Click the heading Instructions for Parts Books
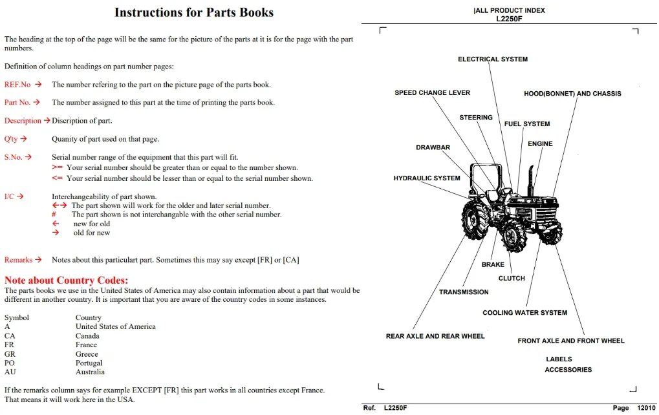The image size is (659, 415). (194, 12)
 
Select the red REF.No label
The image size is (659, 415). (17, 85)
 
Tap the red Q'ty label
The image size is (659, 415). (11, 139)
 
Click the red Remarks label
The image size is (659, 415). (19, 260)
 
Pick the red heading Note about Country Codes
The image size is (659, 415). (66, 280)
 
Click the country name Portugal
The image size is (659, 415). (89, 363)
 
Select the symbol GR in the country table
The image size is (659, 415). (10, 354)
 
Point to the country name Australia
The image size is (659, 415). (90, 372)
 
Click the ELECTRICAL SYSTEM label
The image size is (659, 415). (493, 59)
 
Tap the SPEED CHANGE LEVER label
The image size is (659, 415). (432, 93)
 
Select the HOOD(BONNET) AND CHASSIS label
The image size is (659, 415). (572, 94)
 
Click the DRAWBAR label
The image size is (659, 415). (433, 147)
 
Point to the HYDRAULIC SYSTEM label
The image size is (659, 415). (427, 178)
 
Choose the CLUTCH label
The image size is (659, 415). (512, 278)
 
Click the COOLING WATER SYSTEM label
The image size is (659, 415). (524, 312)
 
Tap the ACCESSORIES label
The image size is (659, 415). (568, 370)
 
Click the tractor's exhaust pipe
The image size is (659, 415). (531, 180)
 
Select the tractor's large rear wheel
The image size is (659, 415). (475, 219)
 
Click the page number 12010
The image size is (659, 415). (647, 407)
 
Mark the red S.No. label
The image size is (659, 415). (13, 157)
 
